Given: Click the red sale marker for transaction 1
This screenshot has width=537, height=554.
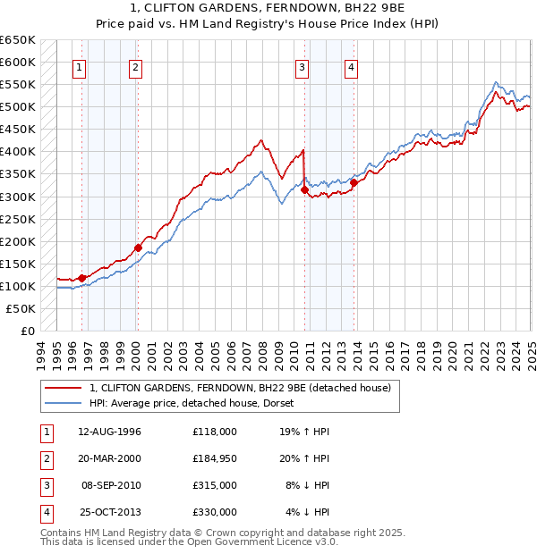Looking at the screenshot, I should pos(81,278).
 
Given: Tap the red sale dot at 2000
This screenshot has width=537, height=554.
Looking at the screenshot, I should pos(138,248).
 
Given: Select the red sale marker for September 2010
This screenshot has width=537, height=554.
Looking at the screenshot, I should pos(305,189).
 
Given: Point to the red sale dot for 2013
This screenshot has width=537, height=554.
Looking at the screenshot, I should pos(354,182).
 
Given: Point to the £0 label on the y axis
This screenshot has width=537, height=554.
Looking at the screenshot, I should pos(27,331).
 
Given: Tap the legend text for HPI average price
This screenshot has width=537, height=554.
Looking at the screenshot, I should pos(198,403).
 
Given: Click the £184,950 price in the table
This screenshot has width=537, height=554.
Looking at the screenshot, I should pos(214,458).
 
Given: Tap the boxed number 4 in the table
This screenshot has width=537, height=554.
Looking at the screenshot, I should pos(43,512).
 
